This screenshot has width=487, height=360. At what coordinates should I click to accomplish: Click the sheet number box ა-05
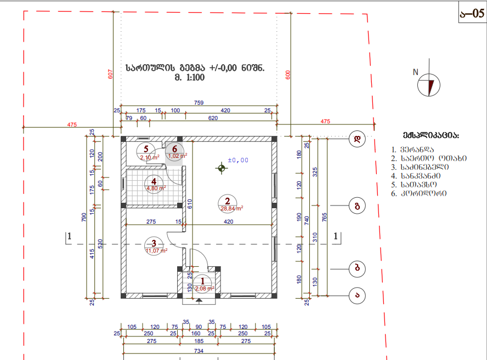472,13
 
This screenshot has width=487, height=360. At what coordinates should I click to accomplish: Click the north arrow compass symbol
426,85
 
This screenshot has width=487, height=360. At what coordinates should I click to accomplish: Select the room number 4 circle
154,182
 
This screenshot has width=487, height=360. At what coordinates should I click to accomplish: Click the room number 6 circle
175,148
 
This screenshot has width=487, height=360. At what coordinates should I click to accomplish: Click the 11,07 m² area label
155,250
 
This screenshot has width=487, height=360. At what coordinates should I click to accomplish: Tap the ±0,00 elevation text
237,160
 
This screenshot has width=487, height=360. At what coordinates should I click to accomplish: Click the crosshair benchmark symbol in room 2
221,168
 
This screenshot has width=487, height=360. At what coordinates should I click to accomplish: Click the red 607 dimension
110,75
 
